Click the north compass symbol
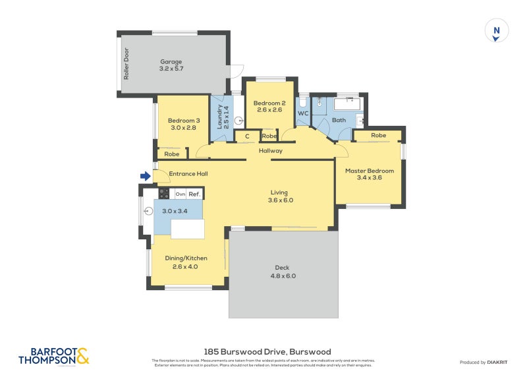point(497,31)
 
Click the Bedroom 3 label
point(184,121)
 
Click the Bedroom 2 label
point(269,103)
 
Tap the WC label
point(303,113)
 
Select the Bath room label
point(339,120)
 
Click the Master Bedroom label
point(370,171)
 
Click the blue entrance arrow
point(145,176)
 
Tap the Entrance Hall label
point(188,174)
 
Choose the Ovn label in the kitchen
point(180,194)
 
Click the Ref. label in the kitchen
point(194,194)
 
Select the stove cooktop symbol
point(164,193)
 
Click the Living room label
point(279,193)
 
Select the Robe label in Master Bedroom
point(378,135)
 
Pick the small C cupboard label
point(247,136)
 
